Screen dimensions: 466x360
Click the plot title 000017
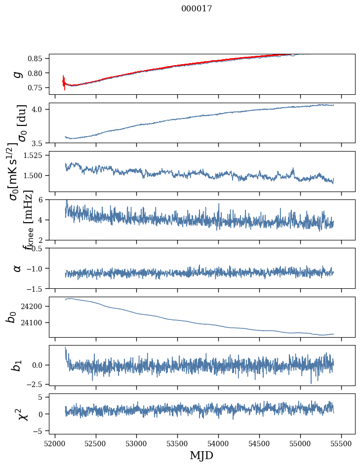tap(197, 8)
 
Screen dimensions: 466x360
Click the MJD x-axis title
tap(201, 455)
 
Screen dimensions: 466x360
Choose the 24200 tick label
tap(34, 307)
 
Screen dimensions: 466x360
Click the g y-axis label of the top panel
tap(17, 74)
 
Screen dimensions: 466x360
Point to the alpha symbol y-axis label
tap(17, 268)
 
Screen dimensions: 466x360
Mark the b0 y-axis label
tap(11, 317)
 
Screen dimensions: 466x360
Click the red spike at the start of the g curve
tap(64, 82)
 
